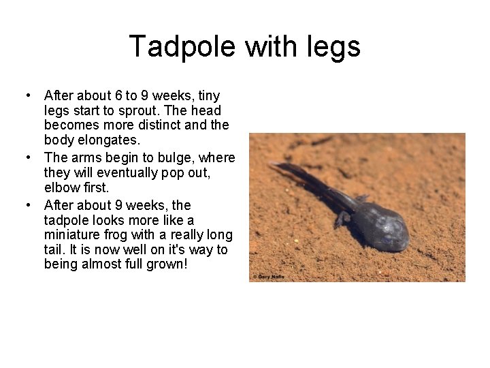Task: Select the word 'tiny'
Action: (x=207, y=95)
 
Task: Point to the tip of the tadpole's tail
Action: (x=272, y=164)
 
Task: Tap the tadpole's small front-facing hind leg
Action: (x=341, y=220)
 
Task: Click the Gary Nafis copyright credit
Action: (x=268, y=277)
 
